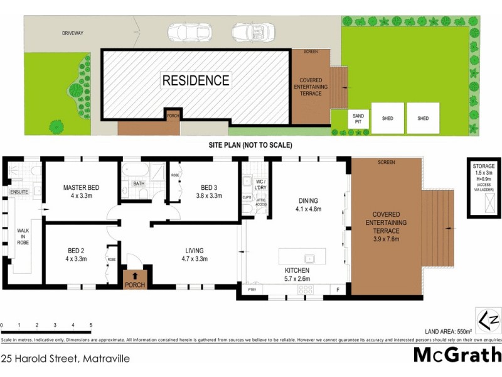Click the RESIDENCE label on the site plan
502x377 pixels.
click(196, 80)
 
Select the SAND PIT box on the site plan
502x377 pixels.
click(358, 119)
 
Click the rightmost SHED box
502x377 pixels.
click(423, 118)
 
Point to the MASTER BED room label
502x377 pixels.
click(81, 188)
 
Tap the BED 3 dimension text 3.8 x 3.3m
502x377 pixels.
click(208, 196)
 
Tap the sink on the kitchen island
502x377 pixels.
click(309, 258)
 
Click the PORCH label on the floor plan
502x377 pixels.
click(135, 285)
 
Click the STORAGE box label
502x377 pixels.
click(484, 165)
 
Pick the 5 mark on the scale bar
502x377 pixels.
click(91, 325)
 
